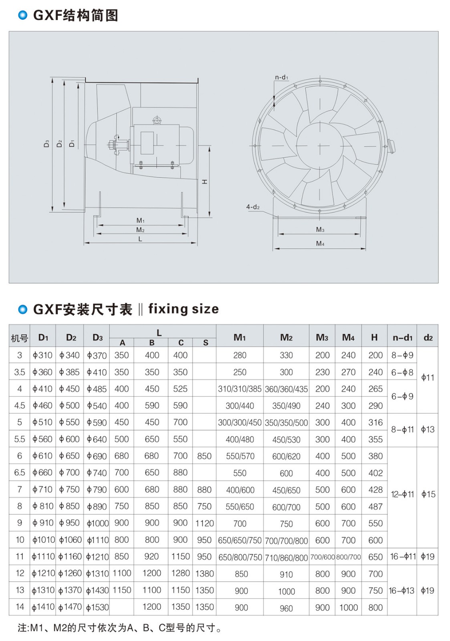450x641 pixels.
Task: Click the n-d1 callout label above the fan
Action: (x=281, y=77)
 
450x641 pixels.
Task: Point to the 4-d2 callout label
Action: (x=253, y=207)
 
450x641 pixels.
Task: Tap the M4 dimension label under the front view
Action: (x=320, y=244)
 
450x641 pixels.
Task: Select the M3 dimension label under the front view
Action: (x=320, y=230)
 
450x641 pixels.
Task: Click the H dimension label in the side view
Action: (x=205, y=182)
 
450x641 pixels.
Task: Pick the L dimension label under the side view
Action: (x=140, y=239)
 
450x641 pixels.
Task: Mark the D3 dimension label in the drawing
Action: (x=47, y=143)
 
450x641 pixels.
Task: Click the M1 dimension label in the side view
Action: (x=140, y=220)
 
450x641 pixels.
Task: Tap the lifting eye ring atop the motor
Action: (x=156, y=120)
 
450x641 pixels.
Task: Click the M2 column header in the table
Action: (x=286, y=338)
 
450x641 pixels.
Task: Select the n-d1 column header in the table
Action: (x=402, y=338)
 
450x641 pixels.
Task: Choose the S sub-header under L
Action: (x=206, y=343)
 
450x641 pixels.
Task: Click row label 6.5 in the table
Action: (x=20, y=473)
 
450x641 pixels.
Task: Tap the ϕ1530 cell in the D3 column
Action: (x=97, y=607)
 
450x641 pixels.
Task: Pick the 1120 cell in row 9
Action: (x=204, y=523)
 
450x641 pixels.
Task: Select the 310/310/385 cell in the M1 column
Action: (x=240, y=389)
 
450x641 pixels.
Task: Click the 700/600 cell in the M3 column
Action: (x=322, y=557)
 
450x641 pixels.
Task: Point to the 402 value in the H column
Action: (x=375, y=473)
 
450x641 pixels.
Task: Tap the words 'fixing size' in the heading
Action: (x=184, y=309)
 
